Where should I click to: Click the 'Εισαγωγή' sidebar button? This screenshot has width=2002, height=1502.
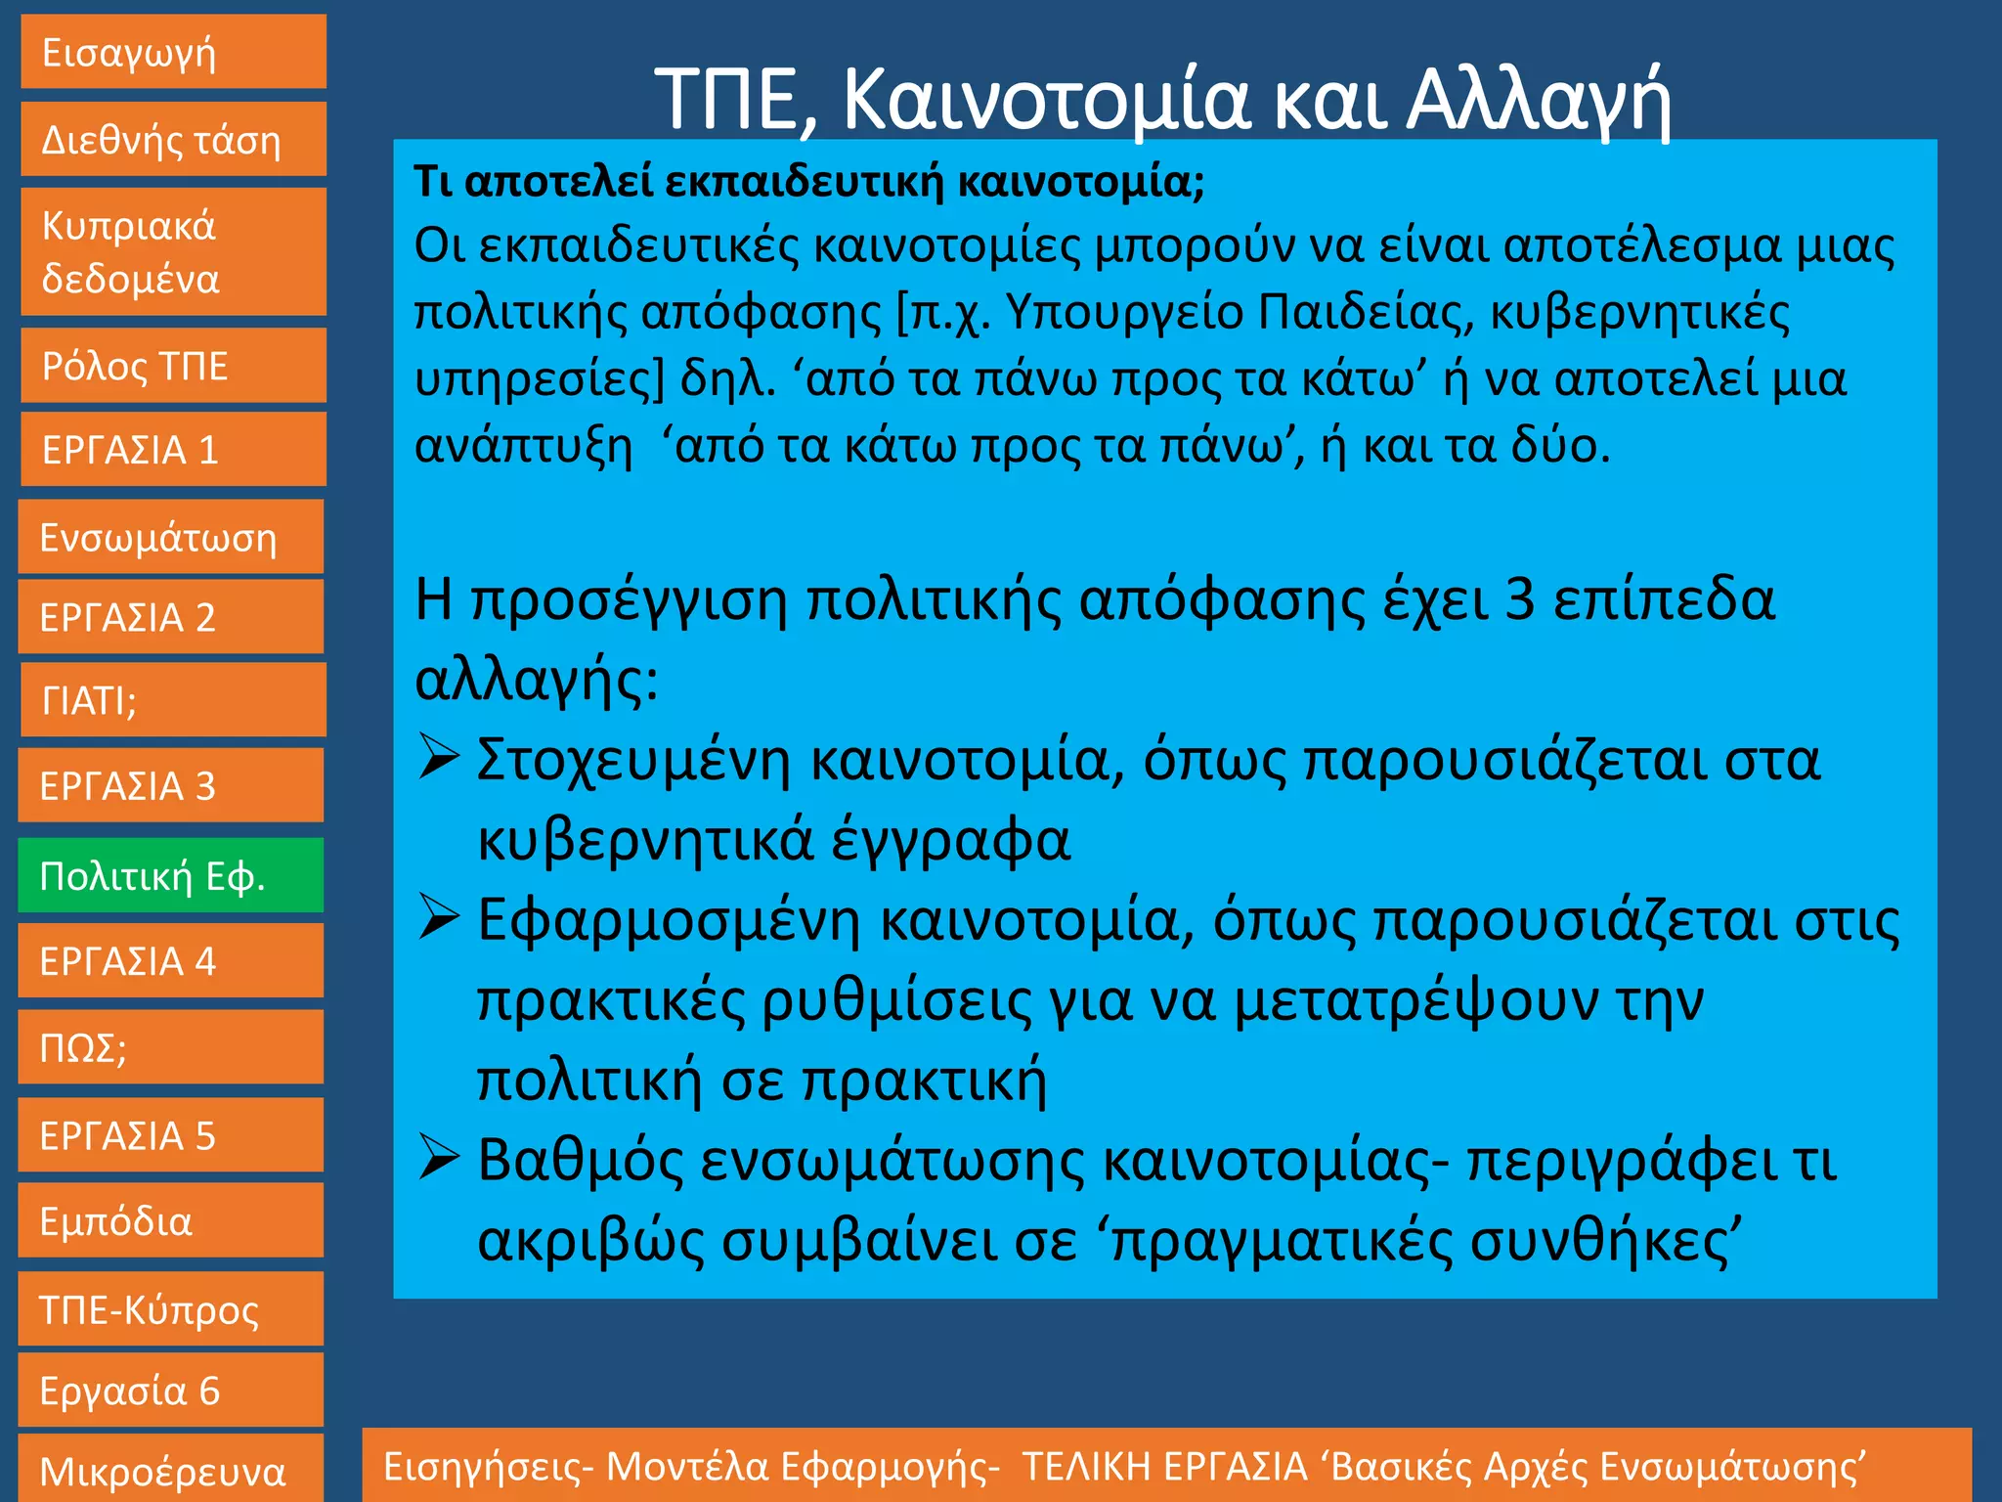(173, 52)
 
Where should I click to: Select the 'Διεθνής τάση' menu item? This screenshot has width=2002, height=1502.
(173, 140)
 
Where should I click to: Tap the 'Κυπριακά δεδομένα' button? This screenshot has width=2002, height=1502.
(173, 251)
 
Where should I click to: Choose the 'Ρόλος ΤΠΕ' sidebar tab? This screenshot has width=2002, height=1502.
(173, 366)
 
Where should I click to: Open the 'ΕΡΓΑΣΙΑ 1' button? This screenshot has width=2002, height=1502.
(173, 450)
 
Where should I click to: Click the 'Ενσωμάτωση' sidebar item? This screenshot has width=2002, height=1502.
(170, 537)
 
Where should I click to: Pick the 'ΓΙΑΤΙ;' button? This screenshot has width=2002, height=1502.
(173, 700)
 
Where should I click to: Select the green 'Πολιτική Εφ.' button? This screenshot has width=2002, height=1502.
(170, 875)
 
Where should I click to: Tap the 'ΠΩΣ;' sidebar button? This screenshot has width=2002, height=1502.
(170, 1047)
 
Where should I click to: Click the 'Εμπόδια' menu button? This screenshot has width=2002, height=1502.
(170, 1220)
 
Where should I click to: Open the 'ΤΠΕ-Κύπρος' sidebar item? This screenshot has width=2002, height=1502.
(170, 1309)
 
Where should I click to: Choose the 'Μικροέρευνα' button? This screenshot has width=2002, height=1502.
(170, 1470)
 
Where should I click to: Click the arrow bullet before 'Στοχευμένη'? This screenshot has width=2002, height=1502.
(439, 758)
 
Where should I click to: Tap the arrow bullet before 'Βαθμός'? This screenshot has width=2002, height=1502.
(439, 1158)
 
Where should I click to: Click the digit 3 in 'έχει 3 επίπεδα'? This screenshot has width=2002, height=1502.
(1519, 599)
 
